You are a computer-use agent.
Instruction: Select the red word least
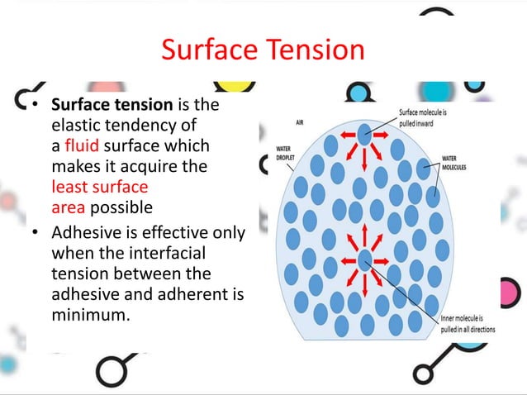pos(70,186)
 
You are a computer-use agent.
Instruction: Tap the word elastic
pos(74,126)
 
